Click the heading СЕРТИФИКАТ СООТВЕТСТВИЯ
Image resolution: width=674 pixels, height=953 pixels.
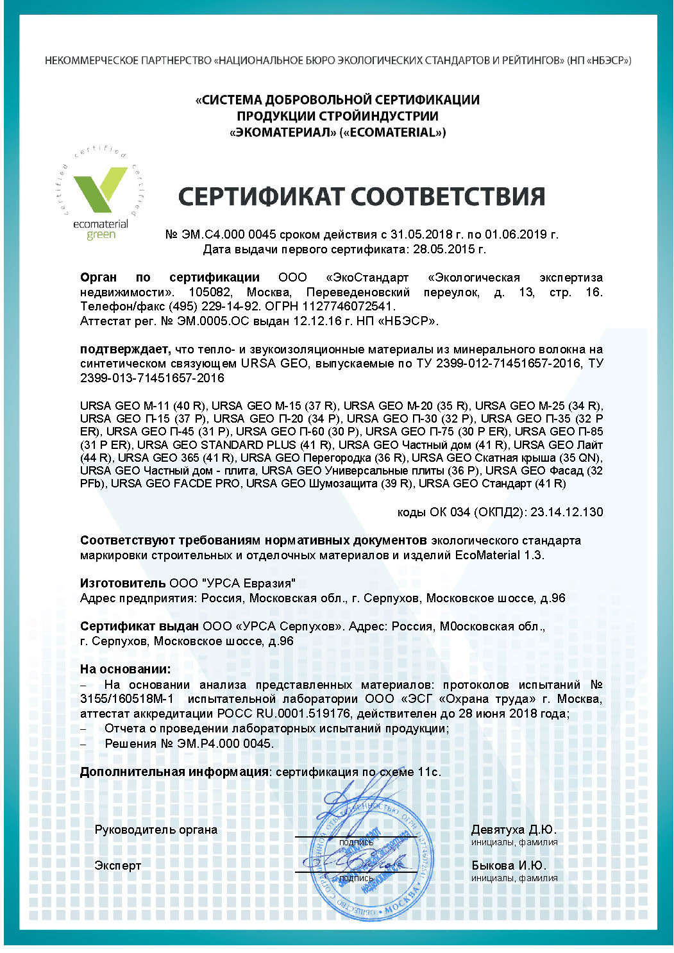[361, 196]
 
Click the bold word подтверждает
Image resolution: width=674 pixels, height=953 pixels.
[125, 350]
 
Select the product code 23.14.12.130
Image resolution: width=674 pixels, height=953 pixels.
[566, 512]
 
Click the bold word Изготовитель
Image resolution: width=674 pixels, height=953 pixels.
[122, 583]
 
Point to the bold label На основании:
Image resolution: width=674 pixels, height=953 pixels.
[126, 669]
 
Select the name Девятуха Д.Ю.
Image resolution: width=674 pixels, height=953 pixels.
[514, 829]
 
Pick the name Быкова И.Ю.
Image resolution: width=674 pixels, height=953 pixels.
[509, 865]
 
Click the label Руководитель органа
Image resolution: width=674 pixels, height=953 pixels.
[156, 830]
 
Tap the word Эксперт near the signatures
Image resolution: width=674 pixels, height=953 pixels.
[117, 866]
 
